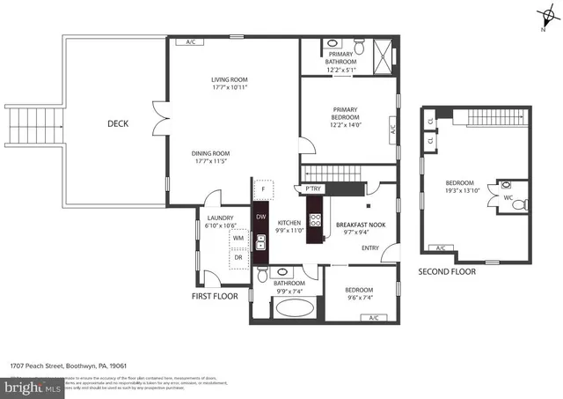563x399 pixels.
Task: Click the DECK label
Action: (x=118, y=123)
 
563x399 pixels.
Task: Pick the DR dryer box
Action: (x=238, y=258)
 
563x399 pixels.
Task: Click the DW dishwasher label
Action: (x=261, y=217)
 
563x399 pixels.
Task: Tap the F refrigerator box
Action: (x=262, y=188)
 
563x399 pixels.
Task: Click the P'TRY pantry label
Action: (x=312, y=188)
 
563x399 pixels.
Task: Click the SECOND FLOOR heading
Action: (x=447, y=272)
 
